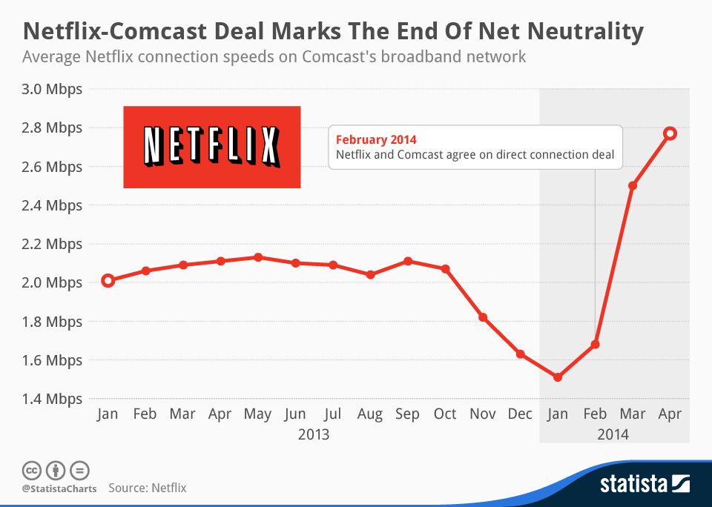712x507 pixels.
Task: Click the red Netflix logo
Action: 211,147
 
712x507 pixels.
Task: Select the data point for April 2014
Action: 670,133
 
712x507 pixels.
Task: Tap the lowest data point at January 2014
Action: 558,377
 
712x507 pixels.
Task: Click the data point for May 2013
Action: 257,257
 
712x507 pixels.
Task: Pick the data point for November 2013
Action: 483,317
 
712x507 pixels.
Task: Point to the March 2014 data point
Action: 633,185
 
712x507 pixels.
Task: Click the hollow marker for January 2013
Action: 108,280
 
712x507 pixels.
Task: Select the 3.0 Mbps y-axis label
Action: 53,89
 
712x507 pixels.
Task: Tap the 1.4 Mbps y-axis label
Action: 53,399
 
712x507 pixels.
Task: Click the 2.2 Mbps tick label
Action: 53,244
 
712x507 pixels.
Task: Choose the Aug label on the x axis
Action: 370,414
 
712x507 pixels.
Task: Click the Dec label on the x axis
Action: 520,414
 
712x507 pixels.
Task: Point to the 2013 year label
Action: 314,434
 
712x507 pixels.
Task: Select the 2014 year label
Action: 613,434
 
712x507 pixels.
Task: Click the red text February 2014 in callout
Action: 376,139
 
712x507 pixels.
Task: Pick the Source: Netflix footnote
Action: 148,488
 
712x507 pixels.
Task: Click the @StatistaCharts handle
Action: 59,488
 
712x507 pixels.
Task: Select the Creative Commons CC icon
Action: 31,470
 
